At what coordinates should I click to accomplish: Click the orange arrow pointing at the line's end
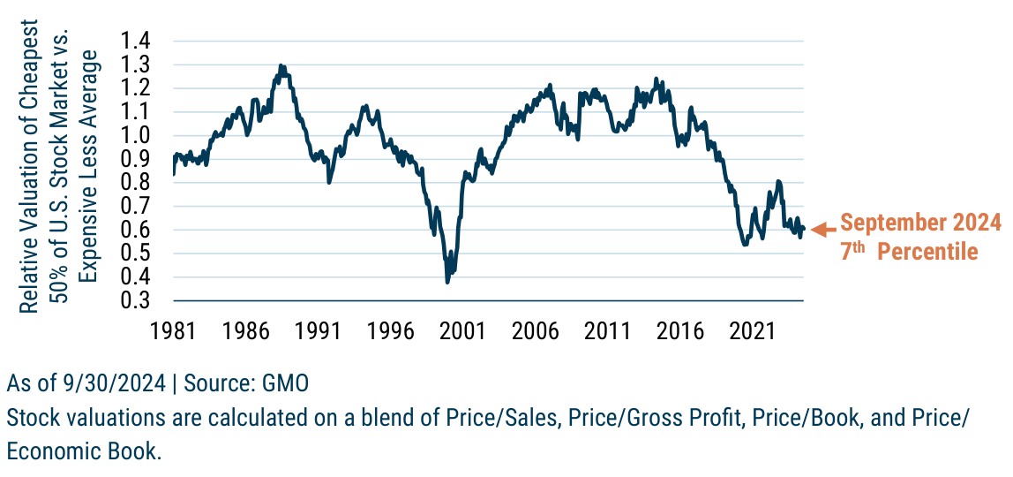[822, 230]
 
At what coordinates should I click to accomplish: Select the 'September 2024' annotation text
[919, 221]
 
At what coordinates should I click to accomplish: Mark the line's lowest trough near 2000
[447, 282]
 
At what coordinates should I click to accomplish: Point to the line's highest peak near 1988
[281, 65]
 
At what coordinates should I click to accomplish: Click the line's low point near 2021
[745, 244]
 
